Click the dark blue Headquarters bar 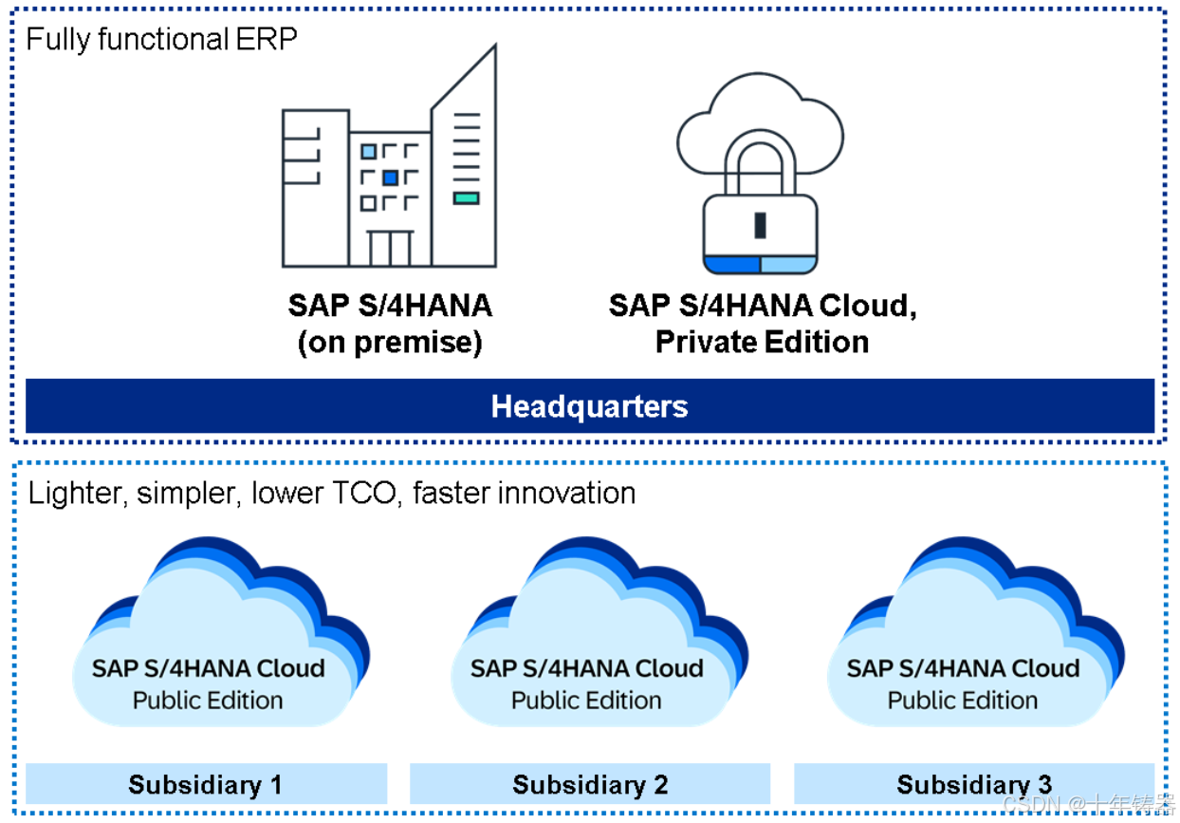pyautogui.click(x=589, y=406)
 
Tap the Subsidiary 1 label pyautogui.click(x=206, y=785)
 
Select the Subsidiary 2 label pyautogui.click(x=590, y=785)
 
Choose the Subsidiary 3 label pyautogui.click(x=973, y=785)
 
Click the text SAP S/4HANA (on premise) pyautogui.click(x=390, y=323)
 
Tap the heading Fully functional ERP pyautogui.click(x=160, y=40)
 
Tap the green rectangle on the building pyautogui.click(x=466, y=198)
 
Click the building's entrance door pyautogui.click(x=391, y=248)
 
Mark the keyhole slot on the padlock pyautogui.click(x=760, y=226)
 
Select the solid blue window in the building pyautogui.click(x=390, y=178)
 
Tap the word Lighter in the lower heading pyautogui.click(x=79, y=494)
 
